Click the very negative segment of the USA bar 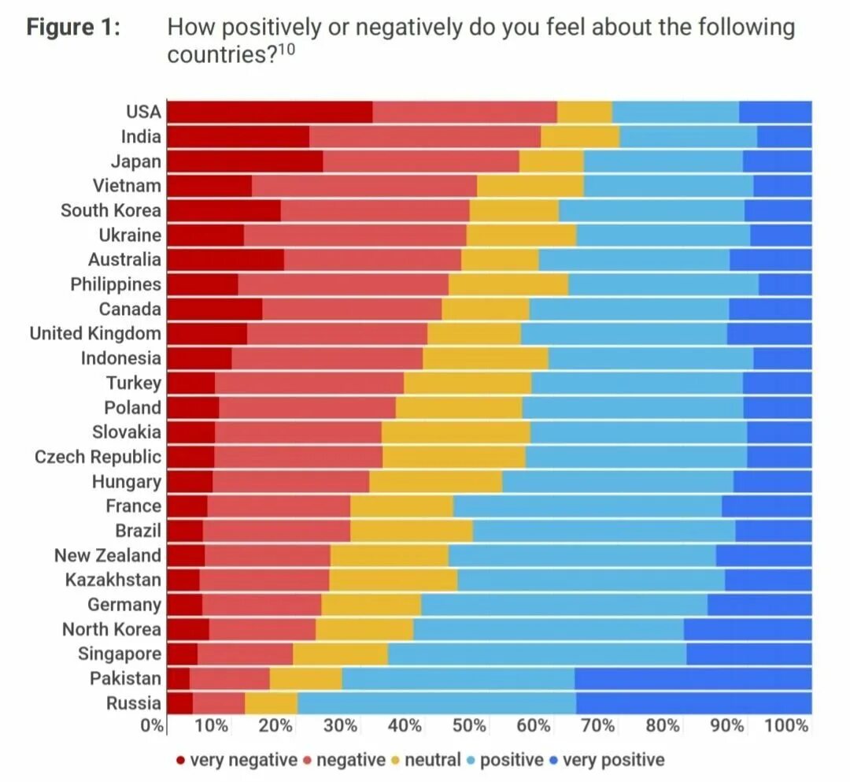click(x=270, y=112)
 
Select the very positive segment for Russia click(x=693, y=703)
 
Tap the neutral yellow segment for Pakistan click(x=305, y=679)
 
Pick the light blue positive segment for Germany click(x=564, y=605)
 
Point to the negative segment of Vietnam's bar click(x=364, y=186)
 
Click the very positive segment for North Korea click(x=747, y=629)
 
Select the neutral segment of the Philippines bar click(x=508, y=284)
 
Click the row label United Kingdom click(x=95, y=333)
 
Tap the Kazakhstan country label click(x=113, y=580)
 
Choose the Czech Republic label click(x=98, y=457)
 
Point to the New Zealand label click(x=107, y=555)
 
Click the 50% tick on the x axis click(x=469, y=725)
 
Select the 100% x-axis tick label click(x=786, y=725)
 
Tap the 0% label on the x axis click(x=152, y=725)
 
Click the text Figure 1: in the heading click(x=74, y=29)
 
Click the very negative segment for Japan click(x=245, y=161)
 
